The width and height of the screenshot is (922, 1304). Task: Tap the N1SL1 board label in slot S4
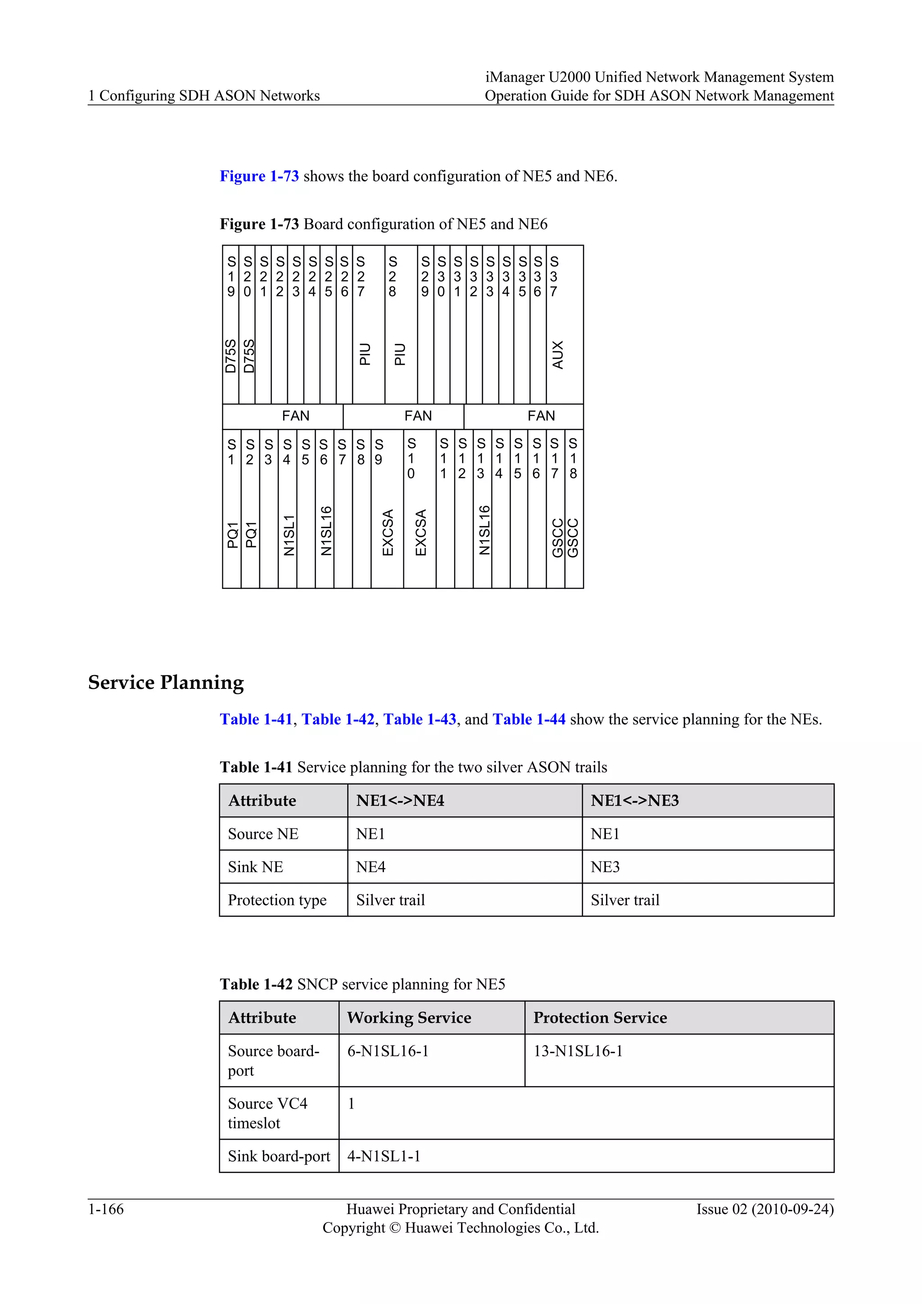289,534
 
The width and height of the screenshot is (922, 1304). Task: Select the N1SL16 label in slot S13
484,530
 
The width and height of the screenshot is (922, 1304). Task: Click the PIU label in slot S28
400,354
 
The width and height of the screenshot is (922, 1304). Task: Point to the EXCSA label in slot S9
388,532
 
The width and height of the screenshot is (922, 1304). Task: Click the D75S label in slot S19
230,356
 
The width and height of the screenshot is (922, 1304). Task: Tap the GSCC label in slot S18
574,537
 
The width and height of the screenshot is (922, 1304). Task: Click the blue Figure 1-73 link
259,176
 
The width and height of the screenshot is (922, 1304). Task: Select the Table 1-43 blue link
420,719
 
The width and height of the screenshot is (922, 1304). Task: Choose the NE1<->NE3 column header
634,800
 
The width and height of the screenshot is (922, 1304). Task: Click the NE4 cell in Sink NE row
371,867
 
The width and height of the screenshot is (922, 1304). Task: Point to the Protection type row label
277,900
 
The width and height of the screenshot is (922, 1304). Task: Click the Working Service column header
409,1017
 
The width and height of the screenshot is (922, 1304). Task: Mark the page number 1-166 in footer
106,1209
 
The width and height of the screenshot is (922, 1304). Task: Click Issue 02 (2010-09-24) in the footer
765,1209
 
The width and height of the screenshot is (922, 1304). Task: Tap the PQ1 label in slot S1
232,534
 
